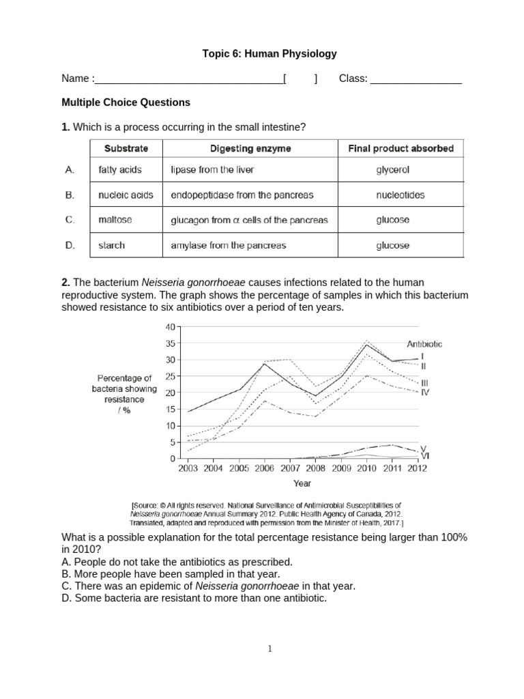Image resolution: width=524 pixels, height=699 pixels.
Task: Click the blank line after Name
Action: tap(189, 79)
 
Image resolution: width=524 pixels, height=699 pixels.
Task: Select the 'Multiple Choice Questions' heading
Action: tap(126, 102)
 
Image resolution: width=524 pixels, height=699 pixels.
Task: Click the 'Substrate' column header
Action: tap(126, 148)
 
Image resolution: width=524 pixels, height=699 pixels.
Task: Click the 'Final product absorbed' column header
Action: tap(401, 148)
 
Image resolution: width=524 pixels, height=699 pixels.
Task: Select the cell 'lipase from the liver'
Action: tap(212, 170)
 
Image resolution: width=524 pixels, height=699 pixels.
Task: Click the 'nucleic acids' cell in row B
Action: tap(126, 195)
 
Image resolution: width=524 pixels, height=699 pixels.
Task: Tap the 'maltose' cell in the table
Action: tap(115, 220)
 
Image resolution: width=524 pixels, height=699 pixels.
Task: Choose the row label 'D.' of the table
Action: tap(70, 245)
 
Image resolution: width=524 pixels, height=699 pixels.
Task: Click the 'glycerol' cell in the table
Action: tap(393, 170)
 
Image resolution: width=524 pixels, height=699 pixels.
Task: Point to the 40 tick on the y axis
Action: tap(171, 326)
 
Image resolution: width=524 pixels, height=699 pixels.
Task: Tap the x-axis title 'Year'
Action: tap(302, 483)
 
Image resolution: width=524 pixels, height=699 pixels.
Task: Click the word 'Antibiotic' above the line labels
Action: tap(424, 345)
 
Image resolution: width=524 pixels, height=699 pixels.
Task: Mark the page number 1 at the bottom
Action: tap(270, 649)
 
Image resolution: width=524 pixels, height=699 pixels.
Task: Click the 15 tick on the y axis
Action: tap(171, 409)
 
